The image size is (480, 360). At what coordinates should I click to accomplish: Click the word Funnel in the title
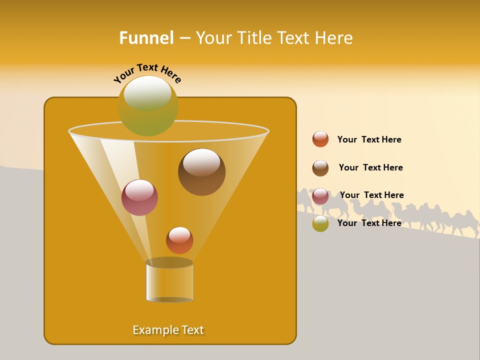point(146,38)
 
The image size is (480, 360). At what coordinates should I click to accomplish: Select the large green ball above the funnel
point(148,106)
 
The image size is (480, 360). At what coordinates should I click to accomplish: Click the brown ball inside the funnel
point(202,172)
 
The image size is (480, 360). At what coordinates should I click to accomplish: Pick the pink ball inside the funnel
point(139,197)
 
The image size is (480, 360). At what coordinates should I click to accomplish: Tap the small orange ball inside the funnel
point(179,240)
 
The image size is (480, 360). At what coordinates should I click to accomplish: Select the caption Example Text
point(168,330)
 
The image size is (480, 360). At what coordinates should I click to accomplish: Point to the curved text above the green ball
point(147,73)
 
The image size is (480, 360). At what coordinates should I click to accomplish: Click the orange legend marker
point(320,139)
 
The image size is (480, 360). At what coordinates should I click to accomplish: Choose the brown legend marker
point(320,168)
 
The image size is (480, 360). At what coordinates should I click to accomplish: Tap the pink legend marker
point(320,196)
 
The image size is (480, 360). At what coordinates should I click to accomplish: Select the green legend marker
point(320,223)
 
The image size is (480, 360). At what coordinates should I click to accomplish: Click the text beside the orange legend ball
point(369,139)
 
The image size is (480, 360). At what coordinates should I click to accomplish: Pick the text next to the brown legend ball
point(370,167)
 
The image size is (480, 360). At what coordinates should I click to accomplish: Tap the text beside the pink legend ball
point(371,195)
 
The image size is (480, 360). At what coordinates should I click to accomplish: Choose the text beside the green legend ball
point(369,223)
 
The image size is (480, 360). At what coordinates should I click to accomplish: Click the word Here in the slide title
point(335,38)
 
